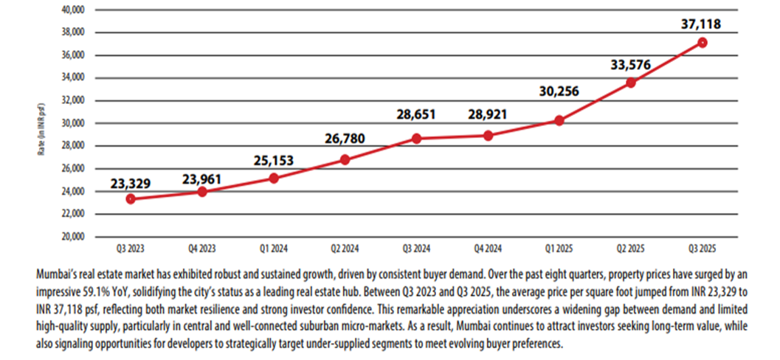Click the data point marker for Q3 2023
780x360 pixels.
(130, 198)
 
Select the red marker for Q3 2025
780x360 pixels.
(703, 43)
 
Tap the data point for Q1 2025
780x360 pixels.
(559, 120)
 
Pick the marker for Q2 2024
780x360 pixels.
(345, 159)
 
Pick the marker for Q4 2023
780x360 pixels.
(201, 192)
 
